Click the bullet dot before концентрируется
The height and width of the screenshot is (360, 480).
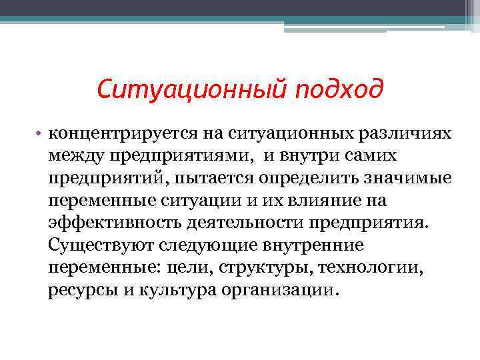click(x=40, y=133)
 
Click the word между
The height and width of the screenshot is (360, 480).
click(x=73, y=155)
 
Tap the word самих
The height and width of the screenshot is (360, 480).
click(x=374, y=155)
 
